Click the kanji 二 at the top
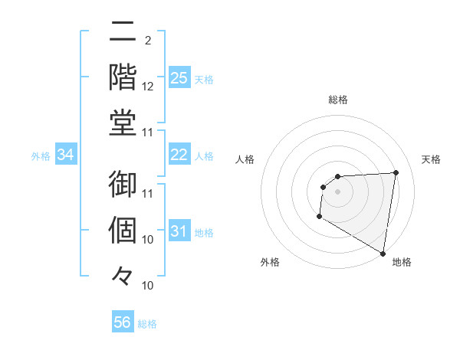123,33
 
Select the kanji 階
123,77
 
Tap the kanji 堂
123,123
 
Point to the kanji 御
123,185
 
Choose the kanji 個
123,231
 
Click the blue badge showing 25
179,77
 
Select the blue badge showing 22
179,155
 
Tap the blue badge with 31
179,231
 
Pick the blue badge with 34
66,155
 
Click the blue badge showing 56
123,322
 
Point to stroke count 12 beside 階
148,87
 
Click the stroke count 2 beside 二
147,41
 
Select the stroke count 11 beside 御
148,194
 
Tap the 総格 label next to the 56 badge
147,324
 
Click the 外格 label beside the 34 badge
41,156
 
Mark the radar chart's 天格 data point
396,172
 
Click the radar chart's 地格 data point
383,254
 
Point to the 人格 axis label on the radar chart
245,159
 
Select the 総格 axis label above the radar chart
338,100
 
